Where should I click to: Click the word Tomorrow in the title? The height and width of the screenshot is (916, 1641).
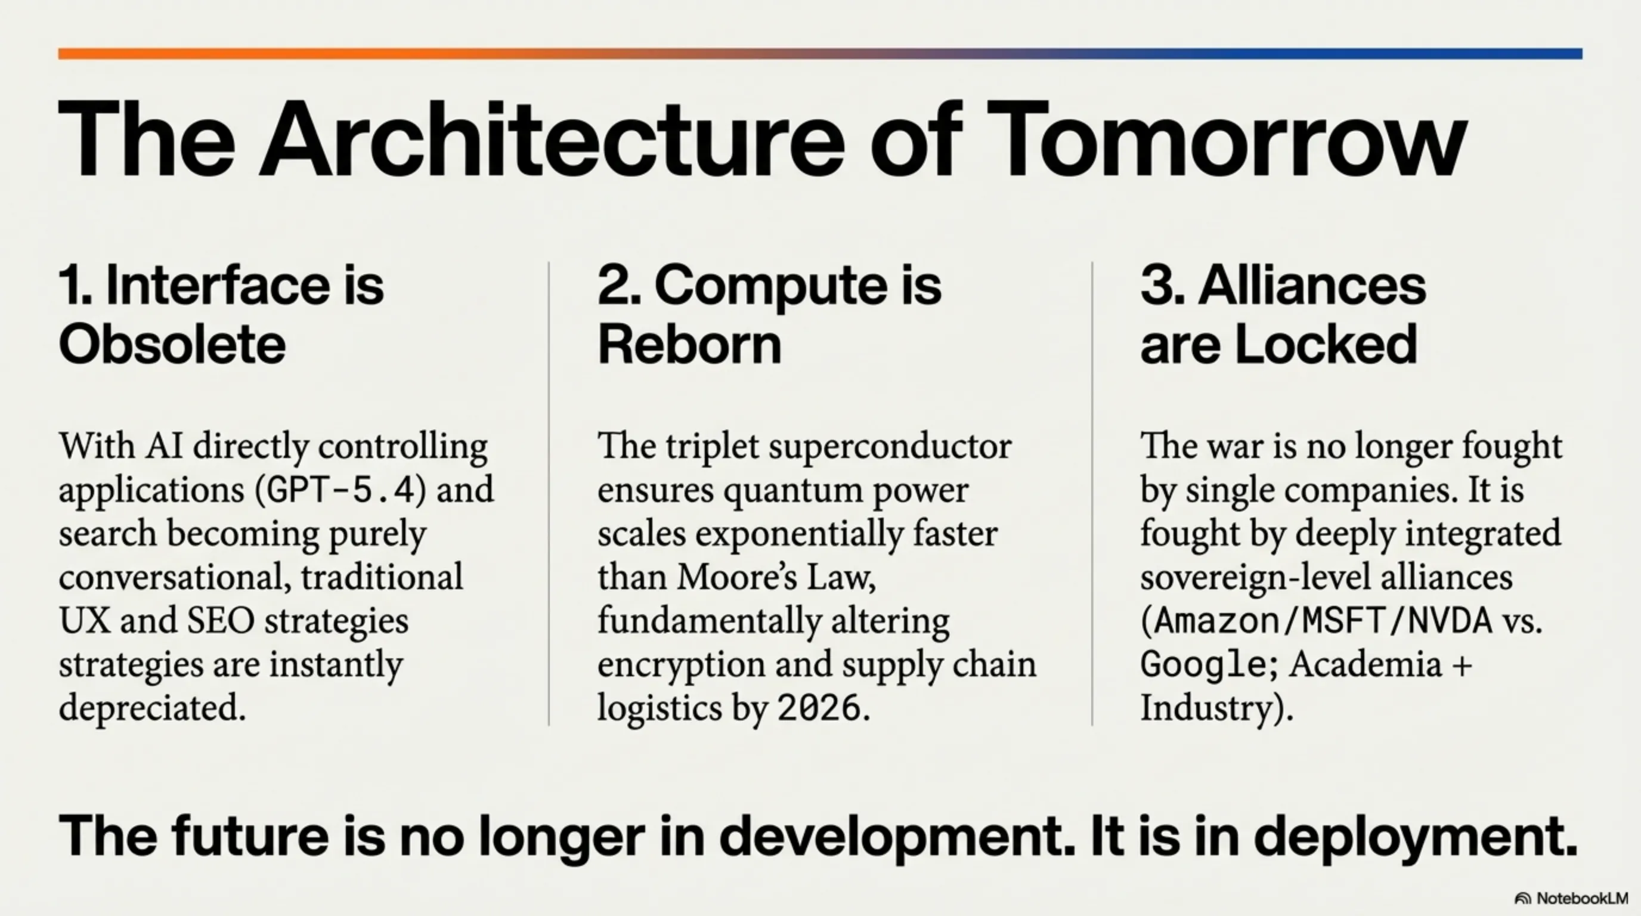coord(1225,139)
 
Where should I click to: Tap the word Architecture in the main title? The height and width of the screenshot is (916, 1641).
coord(552,139)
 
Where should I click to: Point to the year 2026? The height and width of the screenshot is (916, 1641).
coord(819,708)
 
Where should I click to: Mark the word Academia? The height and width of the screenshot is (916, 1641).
coord(1364,665)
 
